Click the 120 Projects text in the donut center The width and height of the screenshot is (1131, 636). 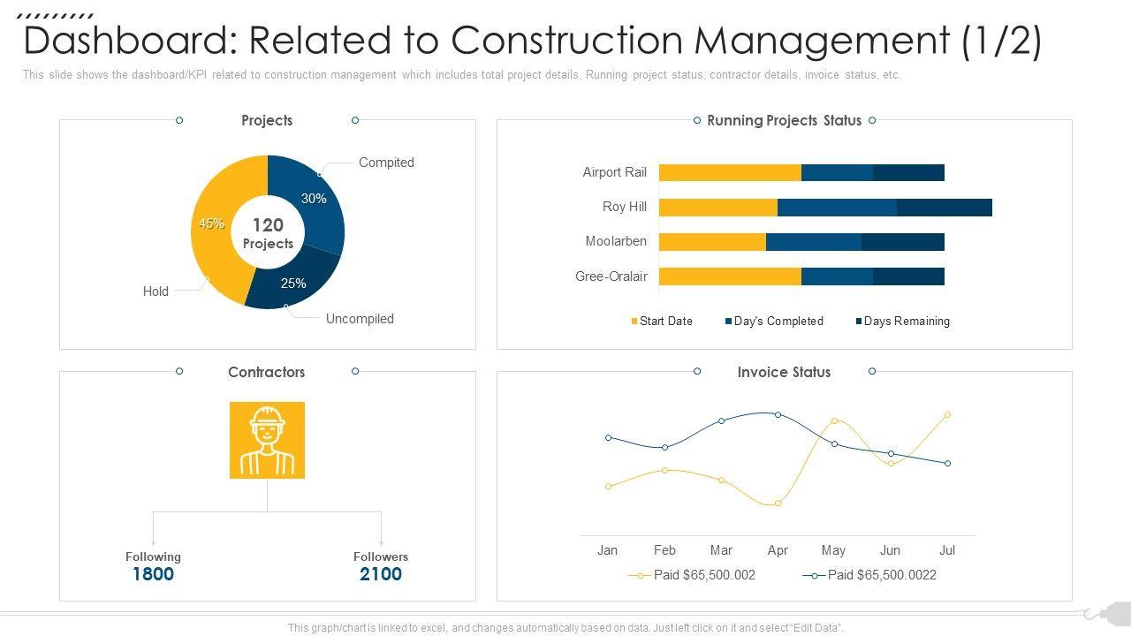pos(268,233)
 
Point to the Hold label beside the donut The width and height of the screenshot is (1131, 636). pos(156,291)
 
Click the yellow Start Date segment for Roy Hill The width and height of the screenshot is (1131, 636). pos(717,208)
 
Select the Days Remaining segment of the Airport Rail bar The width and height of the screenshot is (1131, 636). pos(908,173)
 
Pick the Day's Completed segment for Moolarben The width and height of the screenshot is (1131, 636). pos(813,242)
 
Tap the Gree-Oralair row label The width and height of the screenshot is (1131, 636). pos(611,276)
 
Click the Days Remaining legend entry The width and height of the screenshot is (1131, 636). pos(902,322)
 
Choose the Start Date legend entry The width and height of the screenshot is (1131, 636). pos(662,322)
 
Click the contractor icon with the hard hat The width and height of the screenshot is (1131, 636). pos(267,440)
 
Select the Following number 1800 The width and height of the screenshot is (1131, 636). pos(153,574)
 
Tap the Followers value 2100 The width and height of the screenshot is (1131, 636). pos(381,574)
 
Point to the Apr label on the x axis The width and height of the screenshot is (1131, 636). pos(778,550)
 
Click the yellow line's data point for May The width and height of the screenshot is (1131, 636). pos(834,421)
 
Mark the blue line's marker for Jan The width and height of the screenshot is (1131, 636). pos(608,438)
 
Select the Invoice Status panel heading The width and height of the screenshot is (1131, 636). pos(784,373)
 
